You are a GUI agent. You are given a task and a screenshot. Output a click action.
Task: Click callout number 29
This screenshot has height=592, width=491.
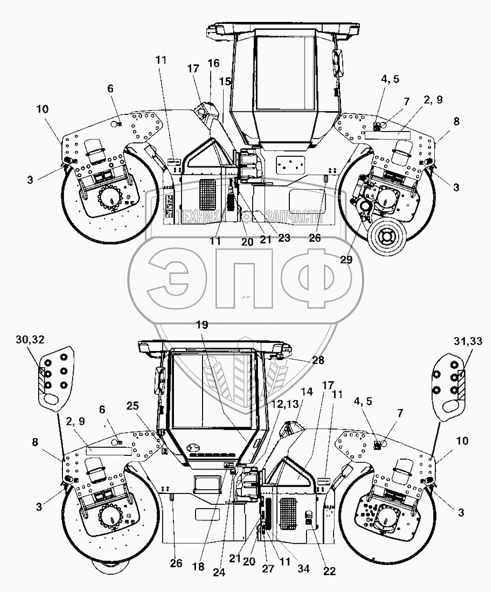pos(346,260)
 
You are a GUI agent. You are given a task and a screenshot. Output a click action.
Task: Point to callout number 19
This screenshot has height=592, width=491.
pos(202,325)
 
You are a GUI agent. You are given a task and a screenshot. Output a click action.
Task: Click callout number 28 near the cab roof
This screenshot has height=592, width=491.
pos(318,360)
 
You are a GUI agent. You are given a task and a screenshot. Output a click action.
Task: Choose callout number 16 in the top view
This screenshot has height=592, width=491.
pos(214,63)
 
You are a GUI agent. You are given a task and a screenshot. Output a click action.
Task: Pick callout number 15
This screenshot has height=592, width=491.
pos(225,81)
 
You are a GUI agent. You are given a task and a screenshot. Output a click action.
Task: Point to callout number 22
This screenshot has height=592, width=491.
pos(330,571)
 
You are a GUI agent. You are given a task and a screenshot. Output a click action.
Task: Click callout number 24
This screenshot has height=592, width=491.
pos(219,573)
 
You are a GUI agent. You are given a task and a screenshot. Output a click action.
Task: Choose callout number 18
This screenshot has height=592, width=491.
pos(199,567)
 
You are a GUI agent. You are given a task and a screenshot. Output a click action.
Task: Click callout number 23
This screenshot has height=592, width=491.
pos(284,238)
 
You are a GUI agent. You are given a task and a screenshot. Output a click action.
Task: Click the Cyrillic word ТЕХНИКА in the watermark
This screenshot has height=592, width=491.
pos(202,218)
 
